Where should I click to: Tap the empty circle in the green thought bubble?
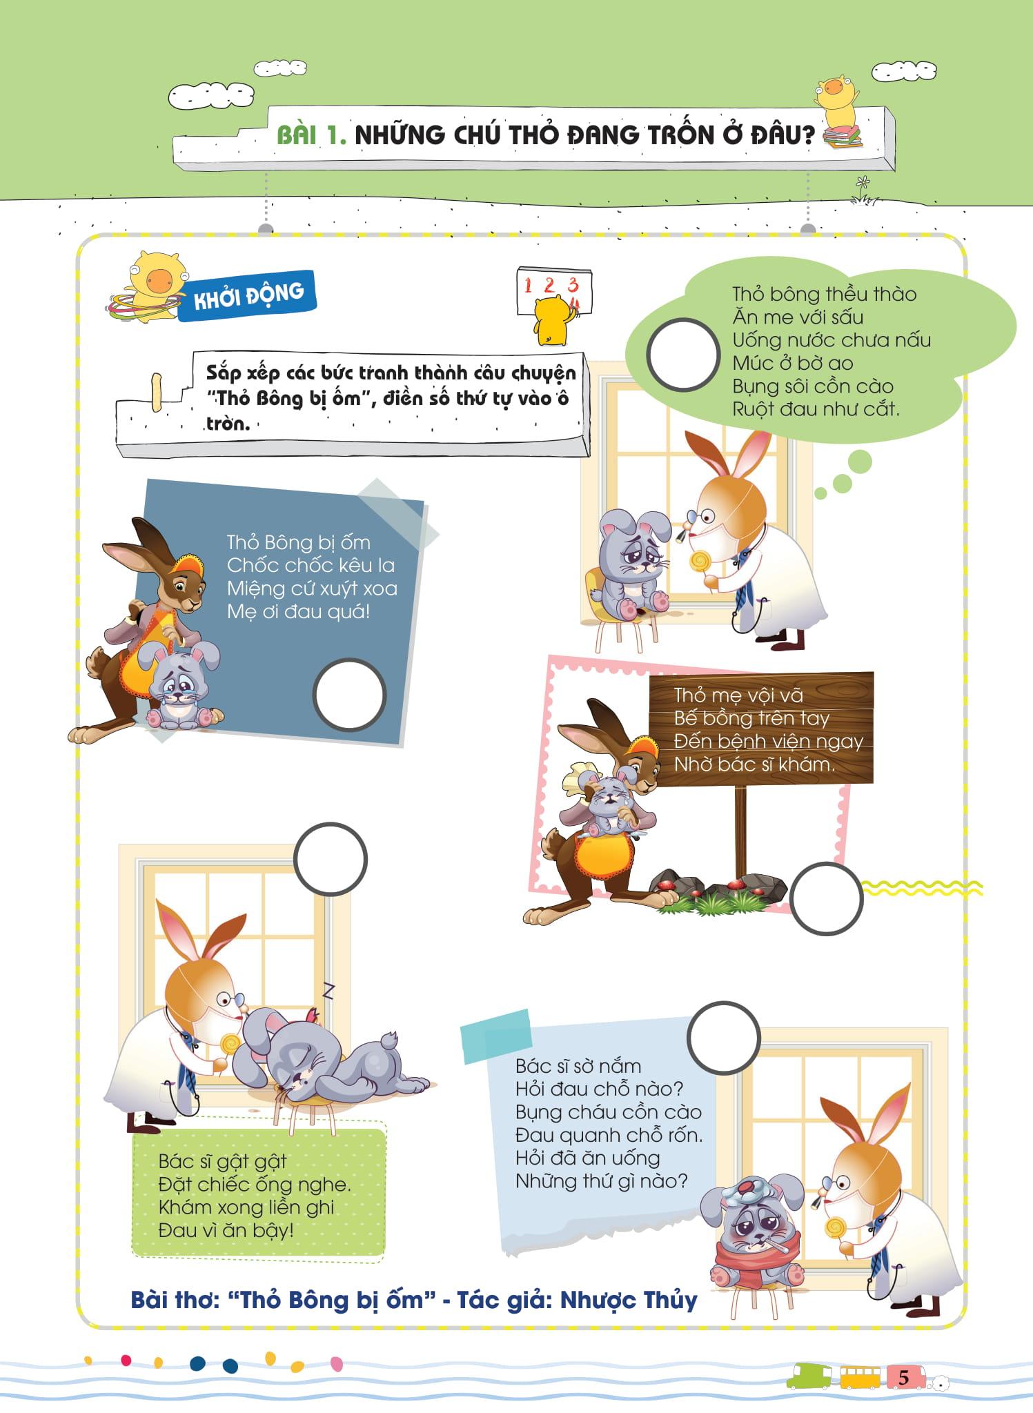pyautogui.click(x=683, y=355)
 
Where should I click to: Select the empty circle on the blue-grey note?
pyautogui.click(x=349, y=695)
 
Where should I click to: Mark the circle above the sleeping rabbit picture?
pyautogui.click(x=331, y=859)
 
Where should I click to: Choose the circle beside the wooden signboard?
pyautogui.click(x=826, y=898)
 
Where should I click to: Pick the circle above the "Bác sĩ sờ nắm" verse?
pyautogui.click(x=723, y=1038)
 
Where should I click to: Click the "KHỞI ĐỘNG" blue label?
pyautogui.click(x=247, y=296)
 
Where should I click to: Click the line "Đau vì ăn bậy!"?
pyautogui.click(x=226, y=1229)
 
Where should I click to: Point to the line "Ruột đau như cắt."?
pyautogui.click(x=816, y=409)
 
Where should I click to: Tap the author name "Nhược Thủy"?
pyautogui.click(x=629, y=1300)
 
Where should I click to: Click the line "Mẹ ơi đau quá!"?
pyautogui.click(x=299, y=611)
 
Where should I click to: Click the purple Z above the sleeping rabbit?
pyautogui.click(x=328, y=991)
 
